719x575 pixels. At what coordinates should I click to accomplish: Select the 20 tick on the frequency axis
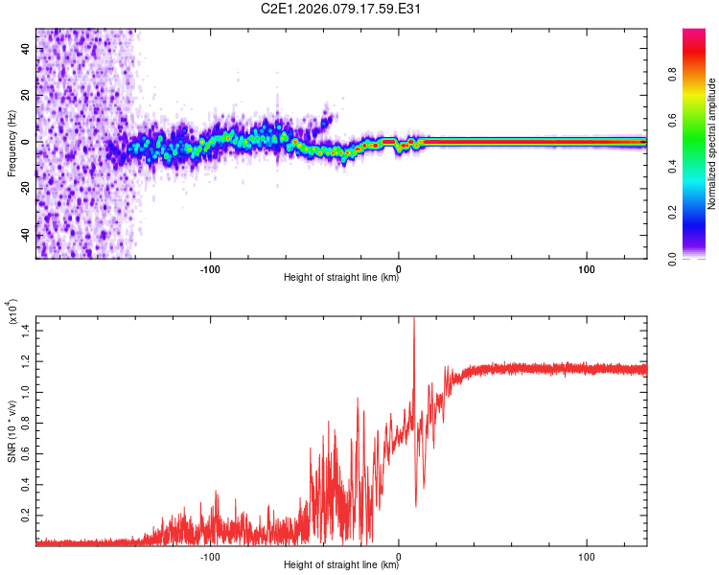click(x=27, y=95)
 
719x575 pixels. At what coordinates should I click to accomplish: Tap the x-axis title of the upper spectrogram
click(x=341, y=278)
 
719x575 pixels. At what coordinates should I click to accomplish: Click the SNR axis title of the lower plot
click(x=12, y=430)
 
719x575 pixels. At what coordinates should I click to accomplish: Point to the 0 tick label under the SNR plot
click(x=399, y=555)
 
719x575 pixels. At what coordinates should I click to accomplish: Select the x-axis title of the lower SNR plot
click(x=341, y=565)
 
